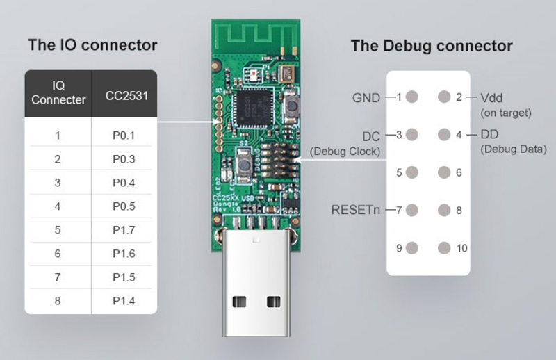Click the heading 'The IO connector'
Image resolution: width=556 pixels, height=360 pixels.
coord(92,46)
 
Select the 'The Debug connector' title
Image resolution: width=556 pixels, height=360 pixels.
coord(431,47)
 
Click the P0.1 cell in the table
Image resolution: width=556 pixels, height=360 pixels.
coord(124,136)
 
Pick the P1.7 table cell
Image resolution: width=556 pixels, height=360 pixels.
coord(124,230)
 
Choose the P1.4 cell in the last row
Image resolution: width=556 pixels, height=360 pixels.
coord(124,300)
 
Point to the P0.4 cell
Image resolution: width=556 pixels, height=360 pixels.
coord(124,183)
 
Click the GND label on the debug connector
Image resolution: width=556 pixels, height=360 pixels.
coord(366,98)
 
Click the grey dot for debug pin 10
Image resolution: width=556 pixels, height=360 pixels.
coord(443,247)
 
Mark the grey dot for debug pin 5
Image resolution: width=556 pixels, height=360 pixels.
coord(412,172)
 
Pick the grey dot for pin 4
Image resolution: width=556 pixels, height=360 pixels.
coord(443,134)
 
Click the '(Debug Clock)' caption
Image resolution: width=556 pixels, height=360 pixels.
coord(345,151)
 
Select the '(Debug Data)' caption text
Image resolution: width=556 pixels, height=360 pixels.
coord(513,149)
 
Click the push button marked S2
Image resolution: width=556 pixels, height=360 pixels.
coord(245,165)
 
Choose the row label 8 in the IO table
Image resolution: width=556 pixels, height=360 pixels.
coord(58,300)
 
